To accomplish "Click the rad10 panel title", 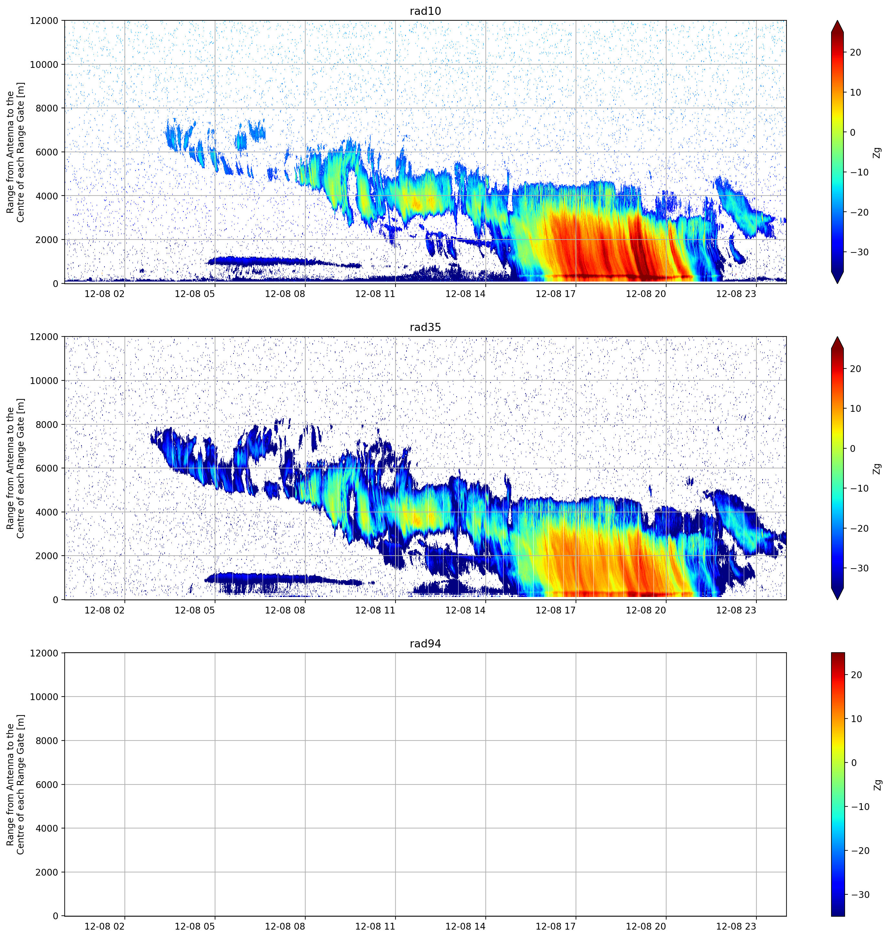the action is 425,11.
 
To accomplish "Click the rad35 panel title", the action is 425,327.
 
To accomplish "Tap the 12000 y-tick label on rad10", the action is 44,21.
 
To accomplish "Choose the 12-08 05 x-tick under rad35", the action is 195,610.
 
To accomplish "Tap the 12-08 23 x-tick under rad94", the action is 736,926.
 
